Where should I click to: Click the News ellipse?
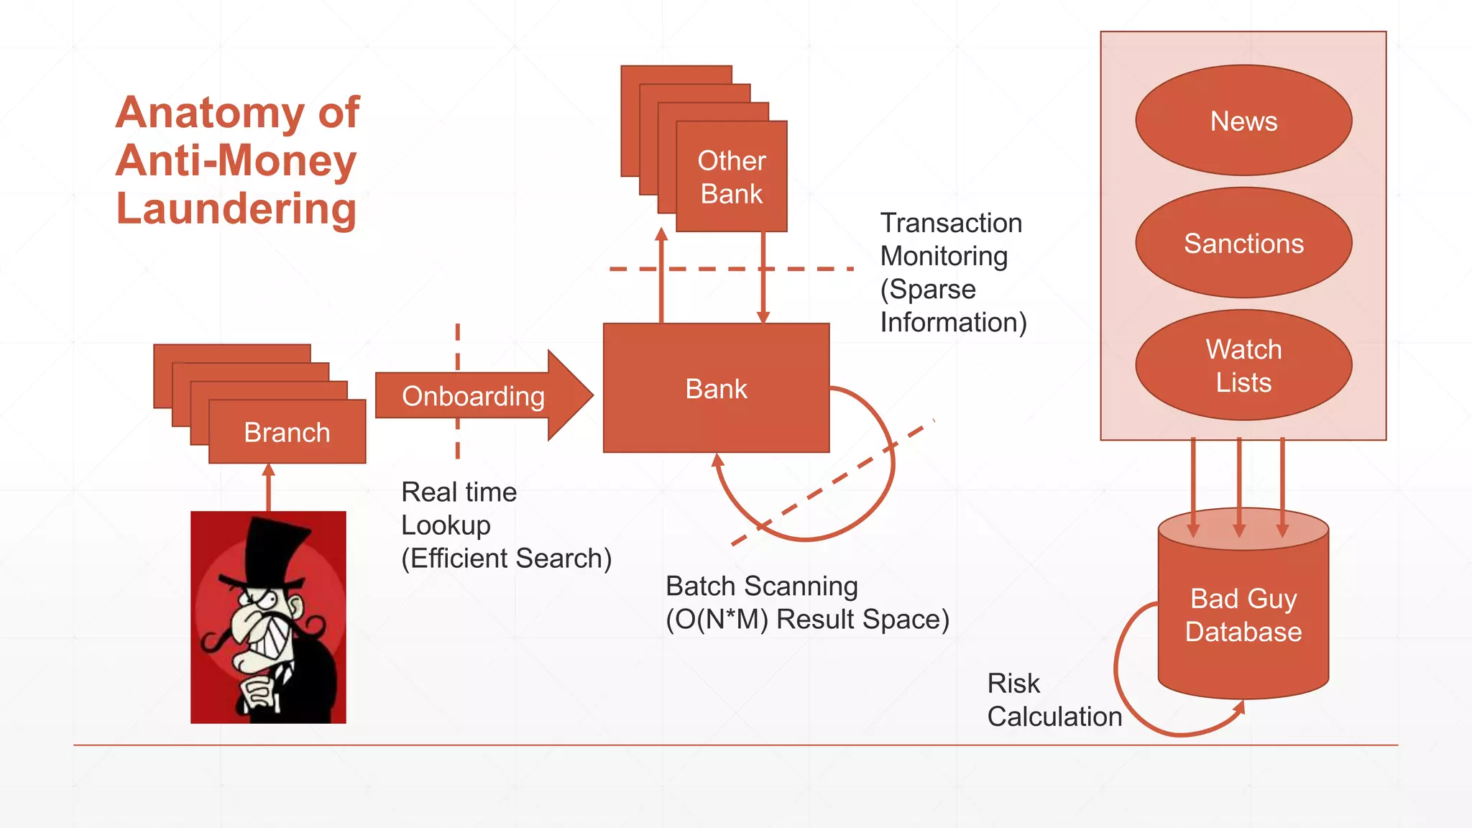[1243, 121]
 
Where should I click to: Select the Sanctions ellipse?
[1243, 243]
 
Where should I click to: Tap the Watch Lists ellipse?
[1243, 365]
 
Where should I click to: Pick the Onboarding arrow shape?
[474, 395]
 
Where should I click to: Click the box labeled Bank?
[716, 388]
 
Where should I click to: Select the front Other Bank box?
[732, 177]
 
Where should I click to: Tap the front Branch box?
[287, 432]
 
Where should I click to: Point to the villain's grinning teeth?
[277, 632]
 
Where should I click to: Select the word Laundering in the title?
[236, 208]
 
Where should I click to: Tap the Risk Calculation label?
[1053, 699]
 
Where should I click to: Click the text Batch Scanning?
[762, 586]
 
